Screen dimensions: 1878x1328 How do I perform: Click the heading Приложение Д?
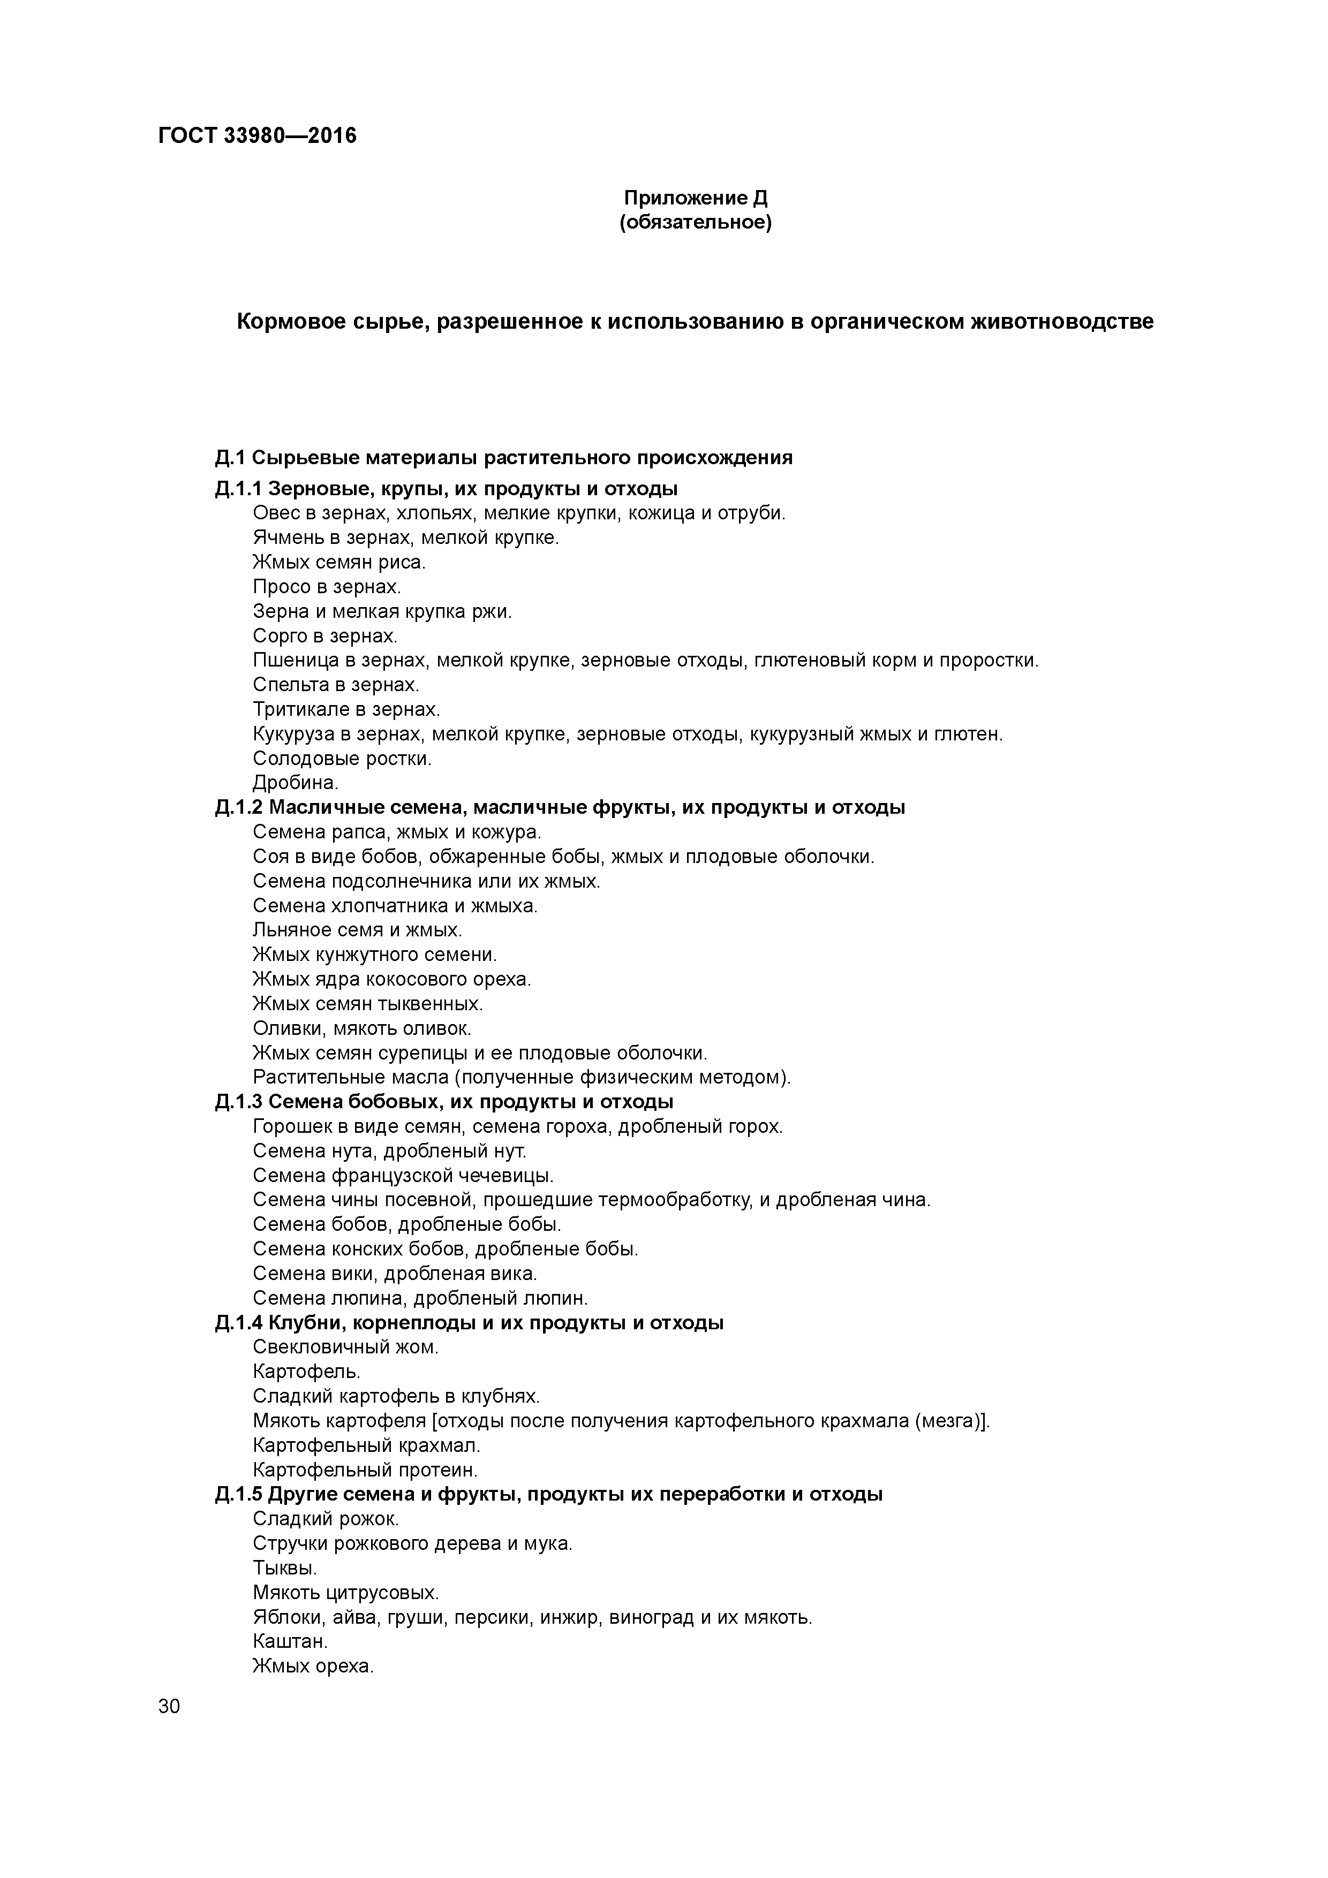click(696, 198)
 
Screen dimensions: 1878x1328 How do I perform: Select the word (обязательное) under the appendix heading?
click(696, 223)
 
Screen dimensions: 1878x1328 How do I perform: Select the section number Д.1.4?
click(238, 1323)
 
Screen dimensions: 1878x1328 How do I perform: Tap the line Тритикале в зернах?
click(346, 710)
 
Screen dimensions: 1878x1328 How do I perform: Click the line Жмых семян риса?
click(339, 563)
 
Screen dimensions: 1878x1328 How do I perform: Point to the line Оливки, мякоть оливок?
click(361, 1028)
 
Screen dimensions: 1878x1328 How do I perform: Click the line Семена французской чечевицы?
click(403, 1176)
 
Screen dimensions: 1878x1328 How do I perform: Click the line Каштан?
click(290, 1641)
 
